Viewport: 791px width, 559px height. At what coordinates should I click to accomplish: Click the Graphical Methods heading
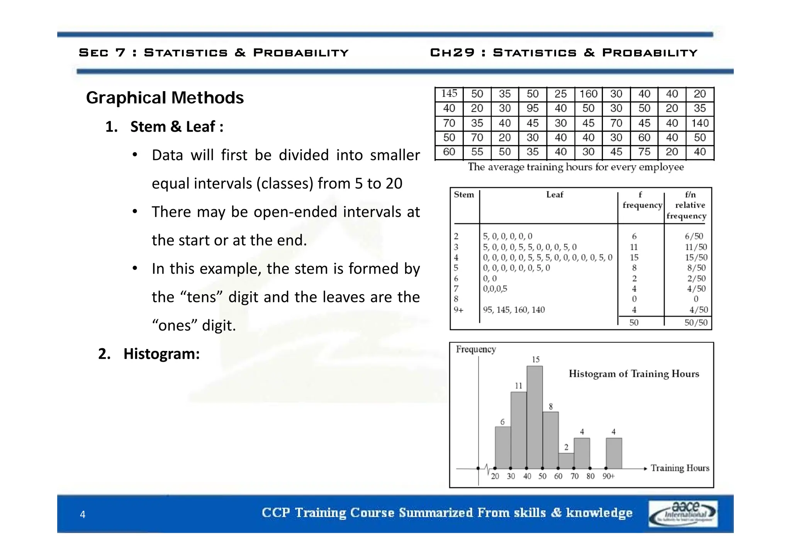point(165,98)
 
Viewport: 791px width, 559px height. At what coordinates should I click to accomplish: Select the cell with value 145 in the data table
point(449,94)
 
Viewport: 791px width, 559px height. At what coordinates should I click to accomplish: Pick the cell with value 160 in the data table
point(588,94)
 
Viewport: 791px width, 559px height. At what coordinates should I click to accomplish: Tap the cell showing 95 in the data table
point(533,108)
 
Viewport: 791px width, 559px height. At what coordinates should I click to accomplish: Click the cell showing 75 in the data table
point(644,152)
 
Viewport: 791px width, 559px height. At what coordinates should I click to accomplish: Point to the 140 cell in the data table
point(700,123)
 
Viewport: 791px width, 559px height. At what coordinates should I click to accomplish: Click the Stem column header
point(464,195)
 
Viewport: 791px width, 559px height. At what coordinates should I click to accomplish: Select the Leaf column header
point(555,195)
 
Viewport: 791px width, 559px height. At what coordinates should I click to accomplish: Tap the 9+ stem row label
point(458,310)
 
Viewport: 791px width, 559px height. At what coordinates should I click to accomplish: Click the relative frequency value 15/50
point(696,257)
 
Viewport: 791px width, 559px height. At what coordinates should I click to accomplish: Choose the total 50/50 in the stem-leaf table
point(696,323)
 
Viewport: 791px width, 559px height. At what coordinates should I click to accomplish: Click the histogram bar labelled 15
point(535,417)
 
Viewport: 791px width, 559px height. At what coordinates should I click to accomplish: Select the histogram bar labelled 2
point(566,461)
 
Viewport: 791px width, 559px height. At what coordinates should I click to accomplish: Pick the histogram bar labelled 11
point(519,430)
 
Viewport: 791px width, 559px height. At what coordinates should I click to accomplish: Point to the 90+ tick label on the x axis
point(608,476)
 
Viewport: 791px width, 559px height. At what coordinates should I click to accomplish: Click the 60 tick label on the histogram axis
point(558,476)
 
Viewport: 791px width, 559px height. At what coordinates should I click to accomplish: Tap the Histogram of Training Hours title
point(634,374)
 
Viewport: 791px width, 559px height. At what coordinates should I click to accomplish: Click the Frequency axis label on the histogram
point(476,349)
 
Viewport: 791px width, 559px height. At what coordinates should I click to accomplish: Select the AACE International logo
point(683,513)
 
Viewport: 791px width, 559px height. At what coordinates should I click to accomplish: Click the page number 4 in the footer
point(83,514)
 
